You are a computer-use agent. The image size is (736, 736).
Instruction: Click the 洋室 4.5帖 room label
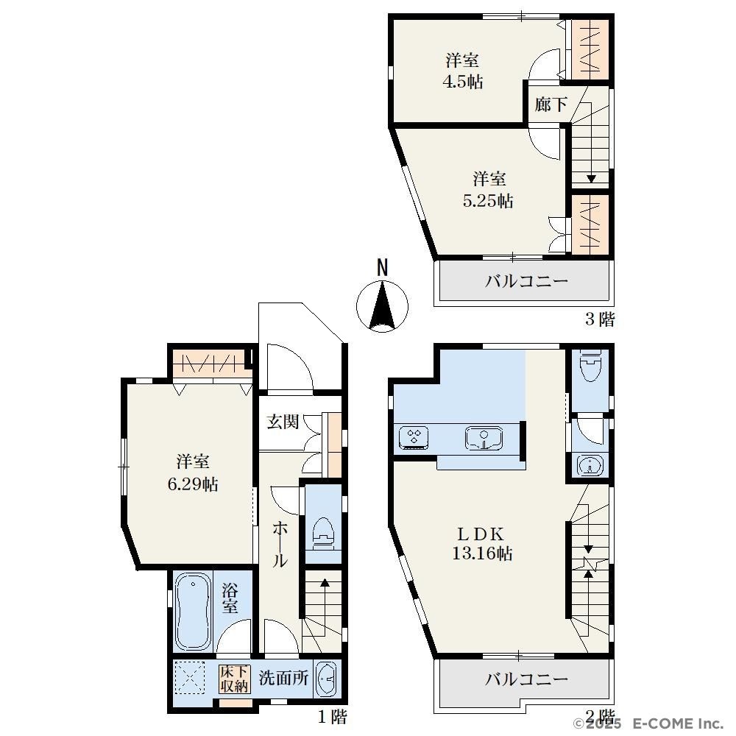click(463, 71)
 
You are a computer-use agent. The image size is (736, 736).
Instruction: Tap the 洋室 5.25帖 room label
click(488, 190)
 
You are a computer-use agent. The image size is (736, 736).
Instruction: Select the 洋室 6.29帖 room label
click(192, 473)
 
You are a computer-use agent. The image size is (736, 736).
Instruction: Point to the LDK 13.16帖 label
click(482, 544)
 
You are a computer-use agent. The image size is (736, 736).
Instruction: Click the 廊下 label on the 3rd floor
click(551, 105)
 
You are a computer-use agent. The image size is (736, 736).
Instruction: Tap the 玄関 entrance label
click(283, 422)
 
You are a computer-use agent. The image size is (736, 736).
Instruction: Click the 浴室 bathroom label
click(230, 598)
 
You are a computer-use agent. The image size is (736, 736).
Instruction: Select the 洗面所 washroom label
click(284, 678)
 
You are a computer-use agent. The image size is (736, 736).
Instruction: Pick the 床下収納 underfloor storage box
click(234, 679)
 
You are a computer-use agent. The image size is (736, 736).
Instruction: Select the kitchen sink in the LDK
click(484, 438)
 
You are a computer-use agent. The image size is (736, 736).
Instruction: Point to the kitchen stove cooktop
click(414, 437)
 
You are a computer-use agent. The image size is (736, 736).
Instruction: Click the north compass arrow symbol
click(382, 306)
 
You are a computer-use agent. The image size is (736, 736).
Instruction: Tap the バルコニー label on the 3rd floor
click(526, 282)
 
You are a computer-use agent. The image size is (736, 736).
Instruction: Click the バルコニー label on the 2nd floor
click(526, 679)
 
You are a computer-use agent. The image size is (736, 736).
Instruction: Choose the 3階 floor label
click(600, 319)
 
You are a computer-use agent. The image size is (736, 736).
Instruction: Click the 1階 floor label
click(333, 717)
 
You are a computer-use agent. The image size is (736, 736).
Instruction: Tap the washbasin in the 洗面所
click(327, 679)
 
